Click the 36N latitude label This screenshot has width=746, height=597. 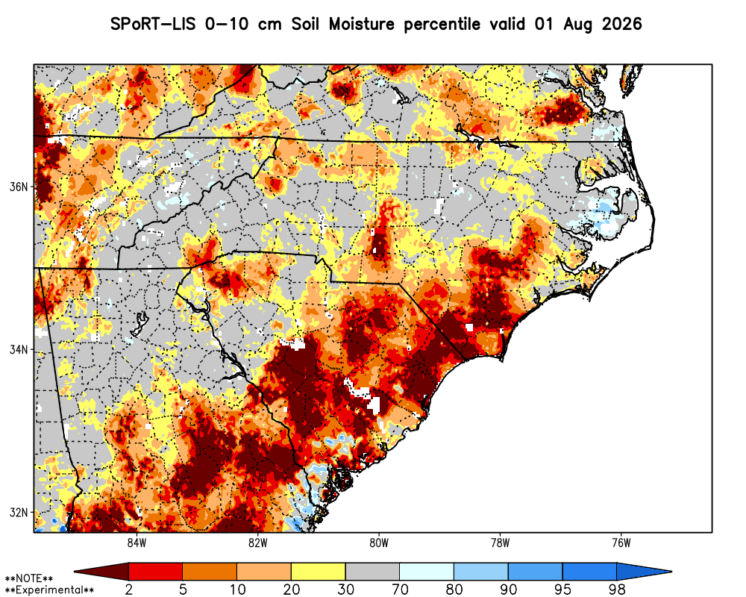coord(19,187)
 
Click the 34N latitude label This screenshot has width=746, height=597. coord(19,350)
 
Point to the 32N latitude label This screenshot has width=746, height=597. coord(19,513)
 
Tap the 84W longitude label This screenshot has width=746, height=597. coord(137,543)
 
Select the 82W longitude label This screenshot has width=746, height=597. coord(258,543)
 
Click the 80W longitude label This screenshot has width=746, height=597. coord(379,543)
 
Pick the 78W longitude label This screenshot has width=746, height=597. coord(500,543)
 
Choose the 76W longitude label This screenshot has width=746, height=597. coord(621,543)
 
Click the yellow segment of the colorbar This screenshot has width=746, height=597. coord(319,572)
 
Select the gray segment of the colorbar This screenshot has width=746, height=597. coord(372,572)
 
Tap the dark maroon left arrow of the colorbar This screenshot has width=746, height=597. coord(101,572)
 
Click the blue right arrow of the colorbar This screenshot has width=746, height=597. coord(644,572)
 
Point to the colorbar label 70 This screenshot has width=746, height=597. coord(400,590)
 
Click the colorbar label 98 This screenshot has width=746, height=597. coord(617,590)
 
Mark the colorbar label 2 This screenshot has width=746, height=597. coord(129,590)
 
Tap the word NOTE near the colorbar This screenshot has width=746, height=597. coord(28,579)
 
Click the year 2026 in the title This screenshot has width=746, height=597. coord(622,24)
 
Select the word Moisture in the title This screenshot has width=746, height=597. coord(362,24)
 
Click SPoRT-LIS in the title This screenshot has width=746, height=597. coord(153,24)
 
